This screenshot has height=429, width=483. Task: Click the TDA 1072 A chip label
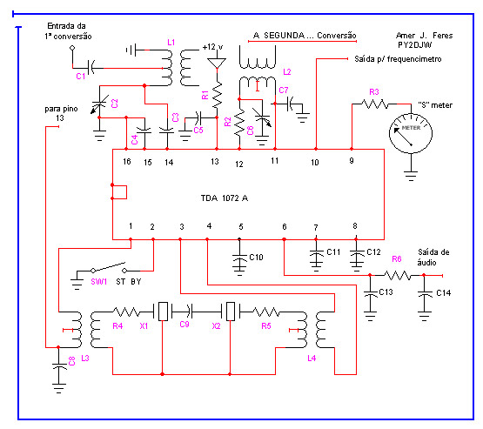(x=225, y=198)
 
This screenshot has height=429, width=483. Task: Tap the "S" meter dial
(x=411, y=133)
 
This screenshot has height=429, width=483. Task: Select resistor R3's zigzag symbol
(x=374, y=104)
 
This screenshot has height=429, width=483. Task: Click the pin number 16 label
(x=127, y=161)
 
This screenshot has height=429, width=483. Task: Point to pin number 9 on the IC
(x=352, y=160)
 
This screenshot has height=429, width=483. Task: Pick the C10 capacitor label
(x=256, y=258)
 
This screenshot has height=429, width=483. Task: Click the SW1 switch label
(x=99, y=281)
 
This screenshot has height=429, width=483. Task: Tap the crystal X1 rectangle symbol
(x=163, y=311)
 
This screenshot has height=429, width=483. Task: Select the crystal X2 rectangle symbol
(x=230, y=311)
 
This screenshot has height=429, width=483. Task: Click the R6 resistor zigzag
(x=398, y=275)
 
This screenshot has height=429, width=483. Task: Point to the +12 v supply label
(x=212, y=47)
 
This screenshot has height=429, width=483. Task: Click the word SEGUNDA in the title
(x=284, y=36)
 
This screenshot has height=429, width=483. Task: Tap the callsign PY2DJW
(x=414, y=45)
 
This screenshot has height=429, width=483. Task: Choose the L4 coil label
(x=312, y=358)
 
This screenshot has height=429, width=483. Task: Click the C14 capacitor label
(x=443, y=293)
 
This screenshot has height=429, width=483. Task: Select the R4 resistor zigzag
(x=126, y=312)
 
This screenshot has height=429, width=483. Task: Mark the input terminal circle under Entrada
(x=72, y=48)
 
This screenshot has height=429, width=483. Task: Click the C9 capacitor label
(x=184, y=324)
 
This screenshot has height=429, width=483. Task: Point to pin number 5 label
(x=241, y=227)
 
